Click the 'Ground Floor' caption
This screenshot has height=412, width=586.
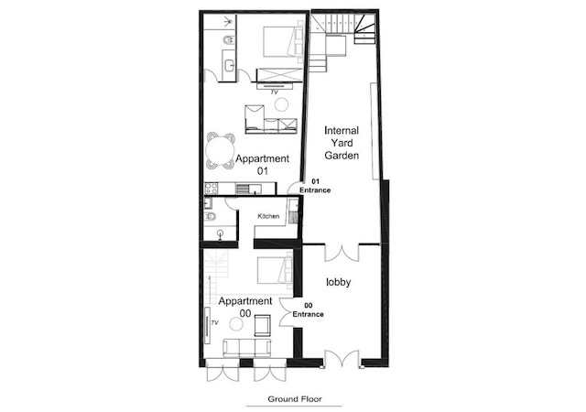pyautogui.click(x=295, y=399)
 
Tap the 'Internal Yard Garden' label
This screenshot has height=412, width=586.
pyautogui.click(x=342, y=143)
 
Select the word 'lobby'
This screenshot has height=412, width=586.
pyautogui.click(x=338, y=282)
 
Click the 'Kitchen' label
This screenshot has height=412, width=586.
pyautogui.click(x=268, y=216)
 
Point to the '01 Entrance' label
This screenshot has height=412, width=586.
pyautogui.click(x=315, y=186)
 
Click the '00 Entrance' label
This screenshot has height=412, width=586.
pyautogui.click(x=308, y=310)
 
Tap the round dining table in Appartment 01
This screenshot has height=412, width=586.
pyautogui.click(x=220, y=151)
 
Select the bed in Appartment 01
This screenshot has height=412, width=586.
pyautogui.click(x=283, y=41)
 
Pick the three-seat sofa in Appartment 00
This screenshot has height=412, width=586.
pyautogui.click(x=247, y=348)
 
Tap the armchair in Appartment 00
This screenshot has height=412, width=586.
pyautogui.click(x=263, y=325)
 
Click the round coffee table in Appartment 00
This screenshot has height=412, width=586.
pyautogui.click(x=236, y=324)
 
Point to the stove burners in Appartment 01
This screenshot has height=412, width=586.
pyautogui.click(x=212, y=188)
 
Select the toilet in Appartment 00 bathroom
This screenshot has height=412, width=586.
pyautogui.click(x=210, y=216)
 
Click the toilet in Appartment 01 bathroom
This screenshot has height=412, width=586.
pyautogui.click(x=228, y=39)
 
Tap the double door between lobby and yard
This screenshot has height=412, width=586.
pyautogui.click(x=342, y=253)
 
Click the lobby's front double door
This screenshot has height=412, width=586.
pyautogui.click(x=342, y=359)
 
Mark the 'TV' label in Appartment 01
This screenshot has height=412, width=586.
pyautogui.click(x=275, y=92)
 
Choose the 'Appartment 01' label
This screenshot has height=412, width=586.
pyautogui.click(x=263, y=165)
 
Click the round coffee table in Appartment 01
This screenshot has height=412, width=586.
pyautogui.click(x=281, y=104)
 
